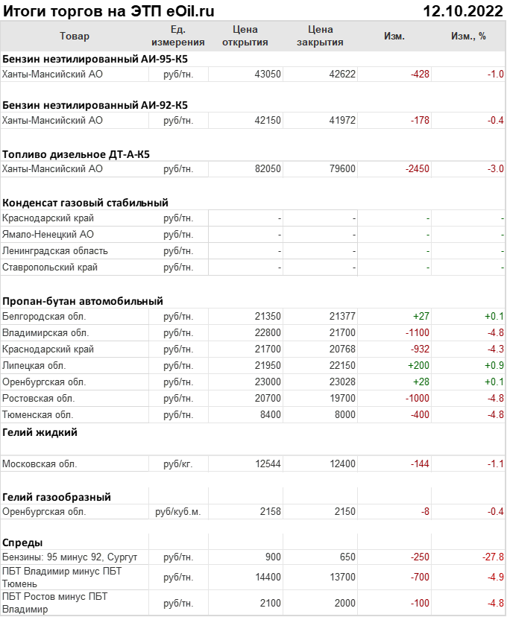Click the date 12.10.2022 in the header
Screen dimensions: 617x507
(x=463, y=10)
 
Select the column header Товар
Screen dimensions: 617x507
(x=74, y=37)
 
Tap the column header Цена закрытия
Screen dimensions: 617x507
(x=320, y=36)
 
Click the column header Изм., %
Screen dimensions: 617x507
(x=468, y=37)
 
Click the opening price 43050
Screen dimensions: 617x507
(x=268, y=74)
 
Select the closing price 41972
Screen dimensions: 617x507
(x=342, y=120)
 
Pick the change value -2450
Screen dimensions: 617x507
(x=417, y=169)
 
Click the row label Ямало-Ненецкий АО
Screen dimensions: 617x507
(x=48, y=235)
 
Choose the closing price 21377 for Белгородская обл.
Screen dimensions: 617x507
(x=342, y=317)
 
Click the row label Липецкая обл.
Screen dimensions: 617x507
(x=34, y=366)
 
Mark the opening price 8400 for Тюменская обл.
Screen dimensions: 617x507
(x=272, y=415)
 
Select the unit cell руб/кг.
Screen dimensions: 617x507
(x=178, y=464)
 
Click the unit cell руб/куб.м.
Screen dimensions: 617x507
(x=178, y=512)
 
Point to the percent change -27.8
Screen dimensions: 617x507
(x=493, y=557)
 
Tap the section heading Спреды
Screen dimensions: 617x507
(x=22, y=542)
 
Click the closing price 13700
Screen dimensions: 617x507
(x=342, y=578)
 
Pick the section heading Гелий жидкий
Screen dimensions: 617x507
(x=40, y=432)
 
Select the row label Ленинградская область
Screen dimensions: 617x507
(x=55, y=251)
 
